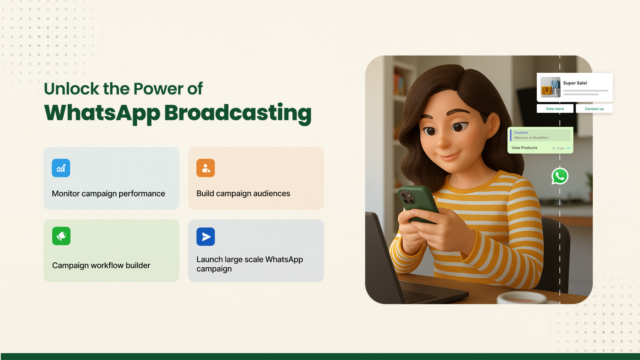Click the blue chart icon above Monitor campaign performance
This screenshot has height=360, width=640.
(61, 168)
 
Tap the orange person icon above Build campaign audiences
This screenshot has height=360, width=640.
(206, 168)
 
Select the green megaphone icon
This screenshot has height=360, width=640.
(61, 236)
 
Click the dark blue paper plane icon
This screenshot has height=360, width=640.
(206, 236)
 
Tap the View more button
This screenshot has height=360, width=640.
(555, 108)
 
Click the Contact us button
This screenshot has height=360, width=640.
(594, 108)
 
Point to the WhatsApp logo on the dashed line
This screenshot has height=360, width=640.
(560, 176)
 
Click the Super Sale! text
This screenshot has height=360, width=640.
(575, 83)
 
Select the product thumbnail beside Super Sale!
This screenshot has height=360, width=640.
(550, 87)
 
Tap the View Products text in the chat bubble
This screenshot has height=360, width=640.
(524, 148)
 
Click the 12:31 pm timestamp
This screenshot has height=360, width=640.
(558, 148)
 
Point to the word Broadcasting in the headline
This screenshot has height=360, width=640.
(238, 114)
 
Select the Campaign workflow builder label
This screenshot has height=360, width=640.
(101, 266)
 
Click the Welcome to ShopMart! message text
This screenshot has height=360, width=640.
(532, 138)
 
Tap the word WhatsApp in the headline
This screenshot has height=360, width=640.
(102, 114)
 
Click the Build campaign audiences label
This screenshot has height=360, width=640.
(243, 194)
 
